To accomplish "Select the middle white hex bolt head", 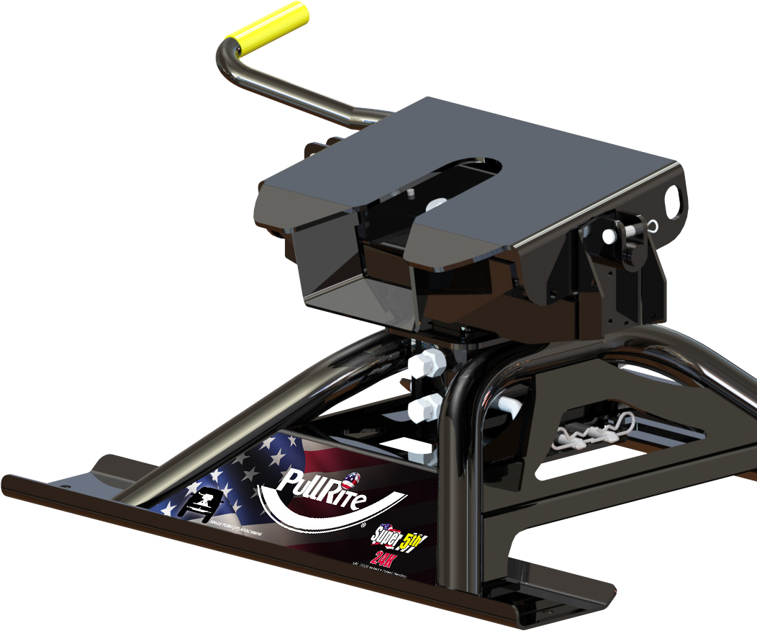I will click(x=424, y=408).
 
